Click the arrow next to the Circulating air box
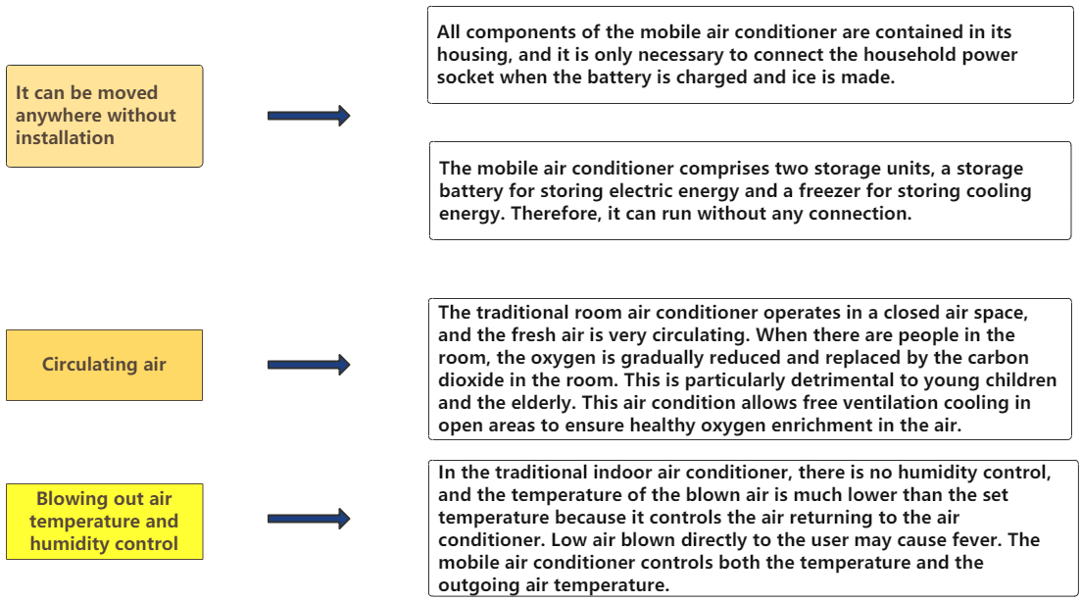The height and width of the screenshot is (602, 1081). (x=309, y=365)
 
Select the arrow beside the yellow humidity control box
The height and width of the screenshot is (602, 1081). (x=309, y=519)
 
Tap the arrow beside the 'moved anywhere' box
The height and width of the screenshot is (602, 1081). (x=309, y=115)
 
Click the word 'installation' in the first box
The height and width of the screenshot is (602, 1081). (x=65, y=138)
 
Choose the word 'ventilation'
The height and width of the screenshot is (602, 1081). (x=829, y=403)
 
